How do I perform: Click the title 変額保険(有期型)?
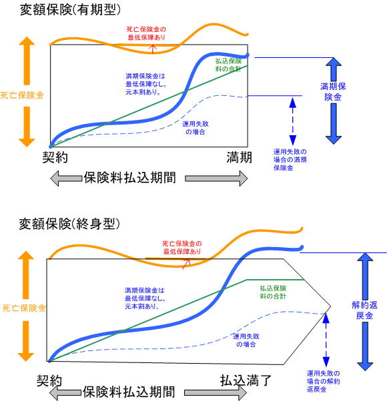click(x=70, y=10)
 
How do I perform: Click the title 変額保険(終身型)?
click(x=69, y=224)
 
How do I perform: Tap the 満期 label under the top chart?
click(x=240, y=157)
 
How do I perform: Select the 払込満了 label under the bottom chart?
click(x=246, y=380)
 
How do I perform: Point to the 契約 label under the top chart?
click(x=55, y=157)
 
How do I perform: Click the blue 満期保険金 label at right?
click(x=333, y=92)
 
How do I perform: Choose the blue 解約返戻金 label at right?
click(x=364, y=310)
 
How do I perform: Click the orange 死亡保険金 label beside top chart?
click(x=22, y=95)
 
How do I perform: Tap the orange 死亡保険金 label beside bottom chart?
click(x=24, y=308)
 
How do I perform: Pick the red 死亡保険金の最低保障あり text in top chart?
click(x=146, y=33)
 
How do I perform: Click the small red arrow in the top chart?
click(x=153, y=49)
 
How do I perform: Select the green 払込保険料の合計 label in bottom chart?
click(x=273, y=292)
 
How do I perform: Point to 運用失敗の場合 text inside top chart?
click(x=196, y=128)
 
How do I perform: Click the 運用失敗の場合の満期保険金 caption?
click(x=290, y=160)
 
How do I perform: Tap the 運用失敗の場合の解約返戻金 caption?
click(x=323, y=381)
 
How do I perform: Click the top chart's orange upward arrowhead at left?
click(x=27, y=41)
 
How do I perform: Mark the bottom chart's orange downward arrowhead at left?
click(x=26, y=357)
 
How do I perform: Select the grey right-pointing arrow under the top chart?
click(x=216, y=179)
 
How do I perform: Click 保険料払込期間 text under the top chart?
click(x=130, y=178)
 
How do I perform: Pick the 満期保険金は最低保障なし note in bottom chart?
click(x=145, y=298)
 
